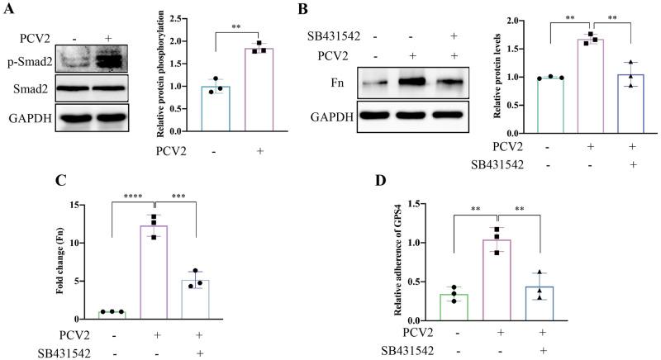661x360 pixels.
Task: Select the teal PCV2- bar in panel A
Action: click(x=216, y=108)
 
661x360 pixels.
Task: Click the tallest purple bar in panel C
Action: click(x=154, y=272)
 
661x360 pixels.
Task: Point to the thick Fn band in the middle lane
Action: click(x=412, y=82)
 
